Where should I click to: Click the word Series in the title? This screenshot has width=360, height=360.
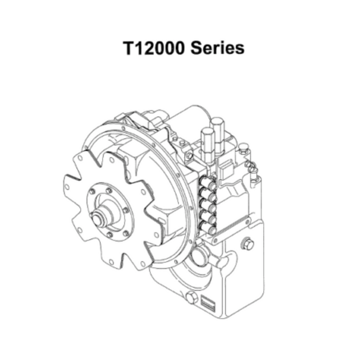217,48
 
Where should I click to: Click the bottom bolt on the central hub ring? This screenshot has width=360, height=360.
110,236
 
